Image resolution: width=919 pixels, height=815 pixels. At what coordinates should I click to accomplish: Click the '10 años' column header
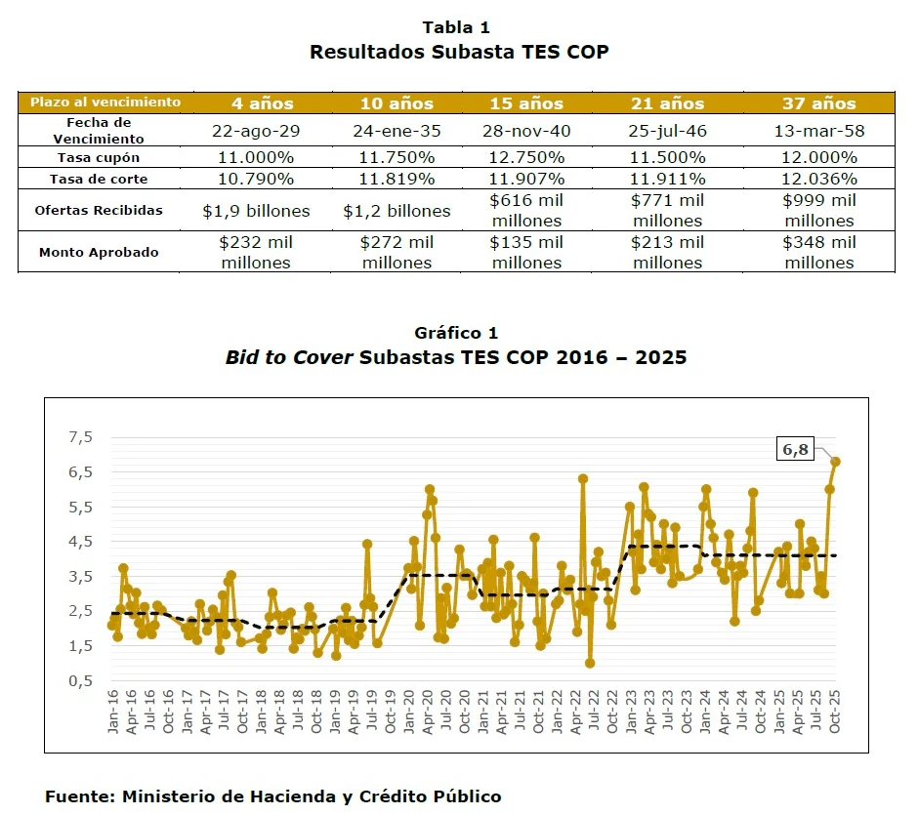(397, 103)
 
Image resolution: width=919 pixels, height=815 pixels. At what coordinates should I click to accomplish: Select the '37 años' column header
(818, 103)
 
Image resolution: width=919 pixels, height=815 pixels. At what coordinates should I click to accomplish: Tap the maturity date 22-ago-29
(256, 131)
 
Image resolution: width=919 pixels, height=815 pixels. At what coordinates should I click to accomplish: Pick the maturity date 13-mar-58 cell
(818, 131)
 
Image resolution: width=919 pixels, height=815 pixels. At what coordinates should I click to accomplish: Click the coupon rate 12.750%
(527, 157)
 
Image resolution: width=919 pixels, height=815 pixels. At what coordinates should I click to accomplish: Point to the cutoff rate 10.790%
(256, 179)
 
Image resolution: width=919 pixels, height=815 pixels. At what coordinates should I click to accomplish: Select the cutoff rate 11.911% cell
(668, 179)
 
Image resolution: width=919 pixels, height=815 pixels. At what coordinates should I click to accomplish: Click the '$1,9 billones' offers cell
(256, 211)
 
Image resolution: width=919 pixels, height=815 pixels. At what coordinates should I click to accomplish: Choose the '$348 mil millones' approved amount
(818, 252)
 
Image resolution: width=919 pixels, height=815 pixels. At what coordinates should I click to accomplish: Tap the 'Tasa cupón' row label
(99, 157)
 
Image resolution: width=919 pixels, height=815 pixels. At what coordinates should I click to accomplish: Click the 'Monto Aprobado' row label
(99, 252)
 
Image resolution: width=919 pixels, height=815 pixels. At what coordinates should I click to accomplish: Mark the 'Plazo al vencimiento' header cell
(105, 102)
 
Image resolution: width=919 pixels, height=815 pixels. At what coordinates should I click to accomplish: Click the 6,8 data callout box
(797, 450)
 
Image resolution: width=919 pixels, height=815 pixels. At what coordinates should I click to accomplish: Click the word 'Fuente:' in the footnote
(79, 796)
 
